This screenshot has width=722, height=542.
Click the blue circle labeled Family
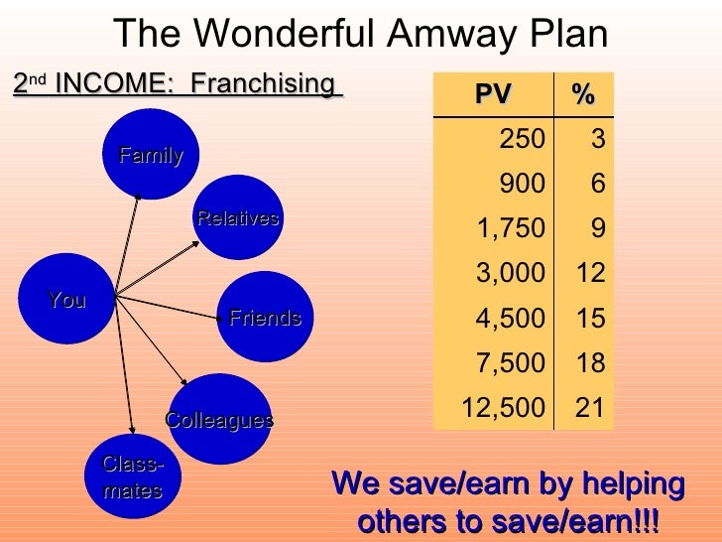tap(151, 154)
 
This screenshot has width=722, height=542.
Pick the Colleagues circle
tap(219, 419)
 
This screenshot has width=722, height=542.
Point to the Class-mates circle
tap(132, 479)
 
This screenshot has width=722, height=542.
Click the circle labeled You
tap(67, 299)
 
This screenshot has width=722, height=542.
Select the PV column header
tap(493, 94)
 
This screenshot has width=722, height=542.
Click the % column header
tap(583, 94)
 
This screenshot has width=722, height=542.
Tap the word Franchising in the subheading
tap(261, 83)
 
